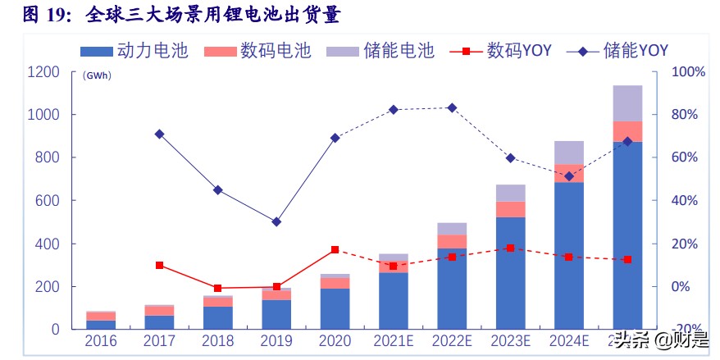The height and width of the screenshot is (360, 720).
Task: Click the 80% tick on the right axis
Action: coord(688,115)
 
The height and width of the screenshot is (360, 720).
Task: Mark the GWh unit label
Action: coord(97,75)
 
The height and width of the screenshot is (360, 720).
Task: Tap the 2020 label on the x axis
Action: coord(335,340)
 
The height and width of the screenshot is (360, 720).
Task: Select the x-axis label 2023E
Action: coord(510,340)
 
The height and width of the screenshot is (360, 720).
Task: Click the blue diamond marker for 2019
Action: coord(276,221)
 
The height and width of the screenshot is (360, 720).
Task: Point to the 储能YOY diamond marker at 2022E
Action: coord(452,107)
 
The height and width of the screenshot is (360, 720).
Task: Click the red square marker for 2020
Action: coord(335,249)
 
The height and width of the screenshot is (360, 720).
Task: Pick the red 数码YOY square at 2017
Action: coord(159,265)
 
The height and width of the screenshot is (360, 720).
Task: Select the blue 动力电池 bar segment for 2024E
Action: coord(568,254)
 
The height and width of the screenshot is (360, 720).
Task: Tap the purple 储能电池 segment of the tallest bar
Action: coord(627,103)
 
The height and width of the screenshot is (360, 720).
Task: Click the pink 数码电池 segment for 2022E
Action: coord(452,241)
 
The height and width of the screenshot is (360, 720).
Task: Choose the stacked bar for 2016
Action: coord(101,321)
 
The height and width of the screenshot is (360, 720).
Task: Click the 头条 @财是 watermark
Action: coord(663,339)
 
